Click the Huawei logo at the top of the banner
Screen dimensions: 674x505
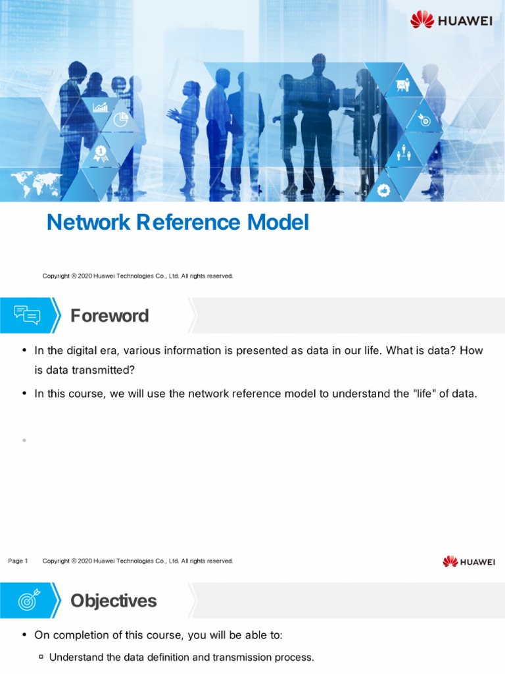(x=451, y=20)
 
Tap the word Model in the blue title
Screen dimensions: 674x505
(x=277, y=223)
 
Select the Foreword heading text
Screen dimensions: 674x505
(x=110, y=316)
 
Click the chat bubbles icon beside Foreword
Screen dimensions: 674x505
(x=27, y=316)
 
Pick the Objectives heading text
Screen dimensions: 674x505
(x=114, y=600)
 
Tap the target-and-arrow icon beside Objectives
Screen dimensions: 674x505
(x=27, y=600)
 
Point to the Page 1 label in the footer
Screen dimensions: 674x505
(x=18, y=561)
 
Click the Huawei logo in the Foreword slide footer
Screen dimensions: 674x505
(x=469, y=561)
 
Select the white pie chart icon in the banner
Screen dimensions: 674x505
(x=121, y=120)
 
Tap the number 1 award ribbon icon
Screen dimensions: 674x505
(x=101, y=153)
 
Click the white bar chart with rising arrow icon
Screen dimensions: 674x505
(x=101, y=107)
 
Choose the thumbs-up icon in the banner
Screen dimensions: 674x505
(x=384, y=190)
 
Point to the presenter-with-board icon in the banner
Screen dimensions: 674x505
(x=402, y=86)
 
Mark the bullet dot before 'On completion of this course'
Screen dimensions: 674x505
(x=24, y=635)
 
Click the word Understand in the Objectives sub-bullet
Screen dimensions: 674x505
(x=76, y=657)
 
